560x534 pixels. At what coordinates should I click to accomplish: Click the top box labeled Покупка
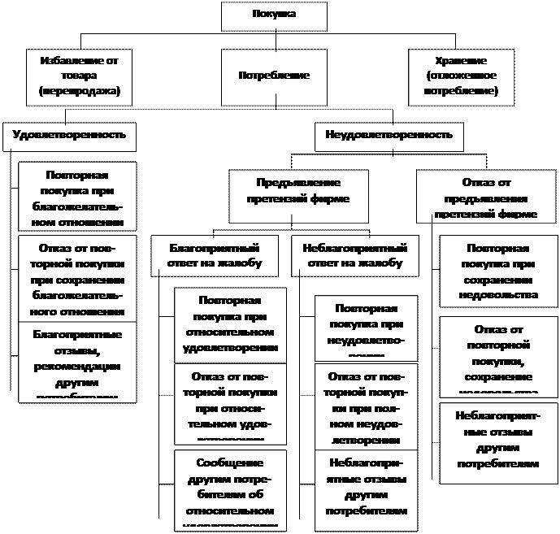click(275, 15)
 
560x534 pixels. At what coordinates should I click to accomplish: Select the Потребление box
click(273, 76)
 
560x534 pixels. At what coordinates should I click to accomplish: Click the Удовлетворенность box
click(70, 134)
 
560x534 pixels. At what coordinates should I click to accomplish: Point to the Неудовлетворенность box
click(389, 134)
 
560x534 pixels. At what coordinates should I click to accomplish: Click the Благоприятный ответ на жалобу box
click(213, 254)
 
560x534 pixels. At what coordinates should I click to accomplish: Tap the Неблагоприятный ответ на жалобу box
click(354, 254)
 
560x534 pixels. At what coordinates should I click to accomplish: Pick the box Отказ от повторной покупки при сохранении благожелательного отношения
click(78, 278)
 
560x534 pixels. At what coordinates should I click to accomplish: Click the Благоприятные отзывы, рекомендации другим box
click(78, 361)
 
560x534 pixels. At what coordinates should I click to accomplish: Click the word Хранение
click(461, 61)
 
